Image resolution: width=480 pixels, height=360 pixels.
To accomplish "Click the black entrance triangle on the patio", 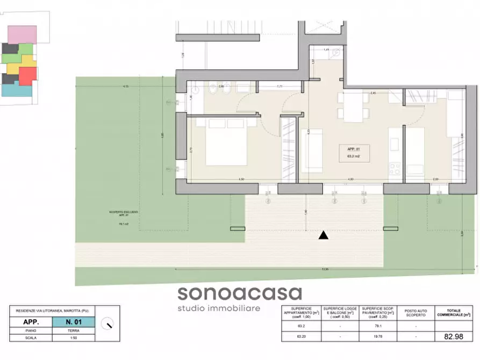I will point(323,235).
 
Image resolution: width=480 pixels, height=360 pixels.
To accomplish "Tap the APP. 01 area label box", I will point(354,153).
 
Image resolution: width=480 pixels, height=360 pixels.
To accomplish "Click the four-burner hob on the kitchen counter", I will point(395,168).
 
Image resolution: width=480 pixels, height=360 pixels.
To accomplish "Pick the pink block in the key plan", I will point(22,34).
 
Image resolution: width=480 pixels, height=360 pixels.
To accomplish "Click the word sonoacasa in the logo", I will point(240,293).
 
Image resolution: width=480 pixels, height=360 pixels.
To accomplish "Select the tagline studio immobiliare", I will point(219,308).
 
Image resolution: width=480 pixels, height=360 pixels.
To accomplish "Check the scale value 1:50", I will point(74,338).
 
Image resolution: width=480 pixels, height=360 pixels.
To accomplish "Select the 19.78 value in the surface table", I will point(378,337).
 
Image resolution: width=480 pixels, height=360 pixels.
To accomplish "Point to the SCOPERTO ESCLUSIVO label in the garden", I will point(123,213).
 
